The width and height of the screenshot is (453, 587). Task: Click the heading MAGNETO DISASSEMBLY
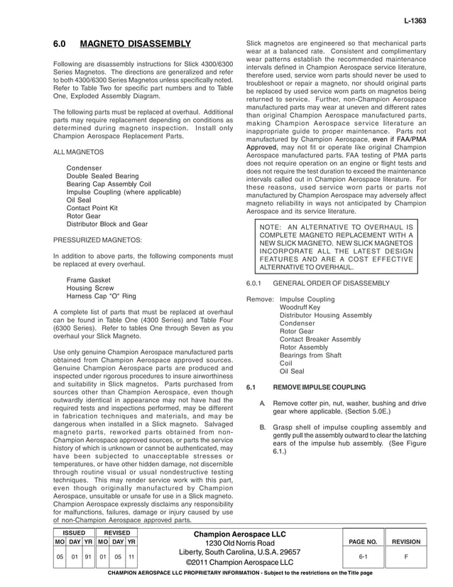[136, 44]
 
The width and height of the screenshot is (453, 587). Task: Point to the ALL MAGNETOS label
[79, 152]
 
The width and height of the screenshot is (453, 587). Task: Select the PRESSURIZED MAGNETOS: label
[97, 240]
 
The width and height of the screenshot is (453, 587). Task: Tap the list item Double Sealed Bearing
[102, 176]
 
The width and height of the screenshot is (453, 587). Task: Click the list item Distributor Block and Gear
[107, 223]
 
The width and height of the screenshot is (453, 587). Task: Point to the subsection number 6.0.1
[255, 283]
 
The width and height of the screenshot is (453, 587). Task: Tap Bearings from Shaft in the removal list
[310, 355]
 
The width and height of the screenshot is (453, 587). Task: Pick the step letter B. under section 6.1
[264, 427]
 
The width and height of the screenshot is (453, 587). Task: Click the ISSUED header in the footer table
[74, 532]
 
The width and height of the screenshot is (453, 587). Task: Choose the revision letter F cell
[406, 557]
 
